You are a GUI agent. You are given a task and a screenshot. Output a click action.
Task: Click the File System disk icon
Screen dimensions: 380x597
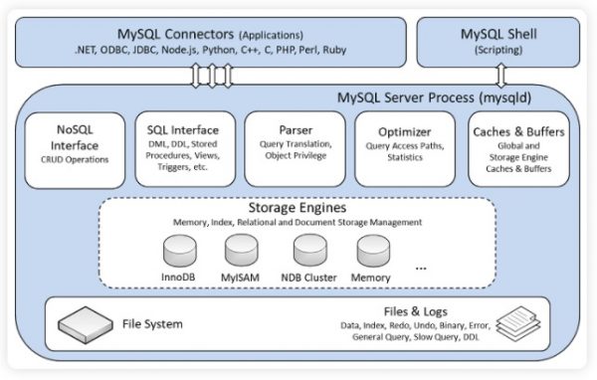86,322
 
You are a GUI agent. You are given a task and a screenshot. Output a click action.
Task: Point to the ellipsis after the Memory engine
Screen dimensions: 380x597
423,268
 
